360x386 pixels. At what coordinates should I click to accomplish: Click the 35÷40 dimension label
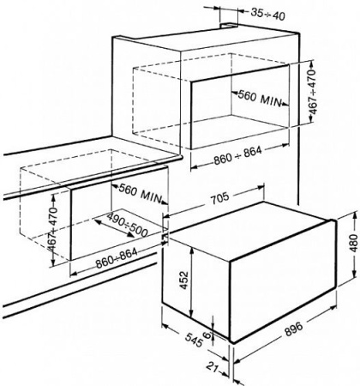pyautogui.click(x=267, y=14)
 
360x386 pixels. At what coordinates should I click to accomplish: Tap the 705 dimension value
pyautogui.click(x=219, y=197)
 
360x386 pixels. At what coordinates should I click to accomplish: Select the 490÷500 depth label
pyautogui.click(x=127, y=225)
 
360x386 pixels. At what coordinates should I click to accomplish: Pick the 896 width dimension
pyautogui.click(x=294, y=329)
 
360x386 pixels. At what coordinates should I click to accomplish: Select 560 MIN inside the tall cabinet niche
pyautogui.click(x=260, y=98)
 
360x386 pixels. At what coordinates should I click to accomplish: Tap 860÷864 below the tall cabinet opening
pyautogui.click(x=237, y=155)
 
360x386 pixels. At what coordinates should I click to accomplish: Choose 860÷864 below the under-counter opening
pyautogui.click(x=117, y=257)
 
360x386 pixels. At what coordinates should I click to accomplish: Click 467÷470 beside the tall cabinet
pyautogui.click(x=315, y=92)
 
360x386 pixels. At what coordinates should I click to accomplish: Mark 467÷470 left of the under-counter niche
pyautogui.click(x=53, y=230)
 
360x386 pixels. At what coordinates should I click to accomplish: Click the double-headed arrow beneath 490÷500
pyautogui.click(x=114, y=228)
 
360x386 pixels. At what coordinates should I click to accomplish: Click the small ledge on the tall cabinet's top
pyautogui.click(x=229, y=26)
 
